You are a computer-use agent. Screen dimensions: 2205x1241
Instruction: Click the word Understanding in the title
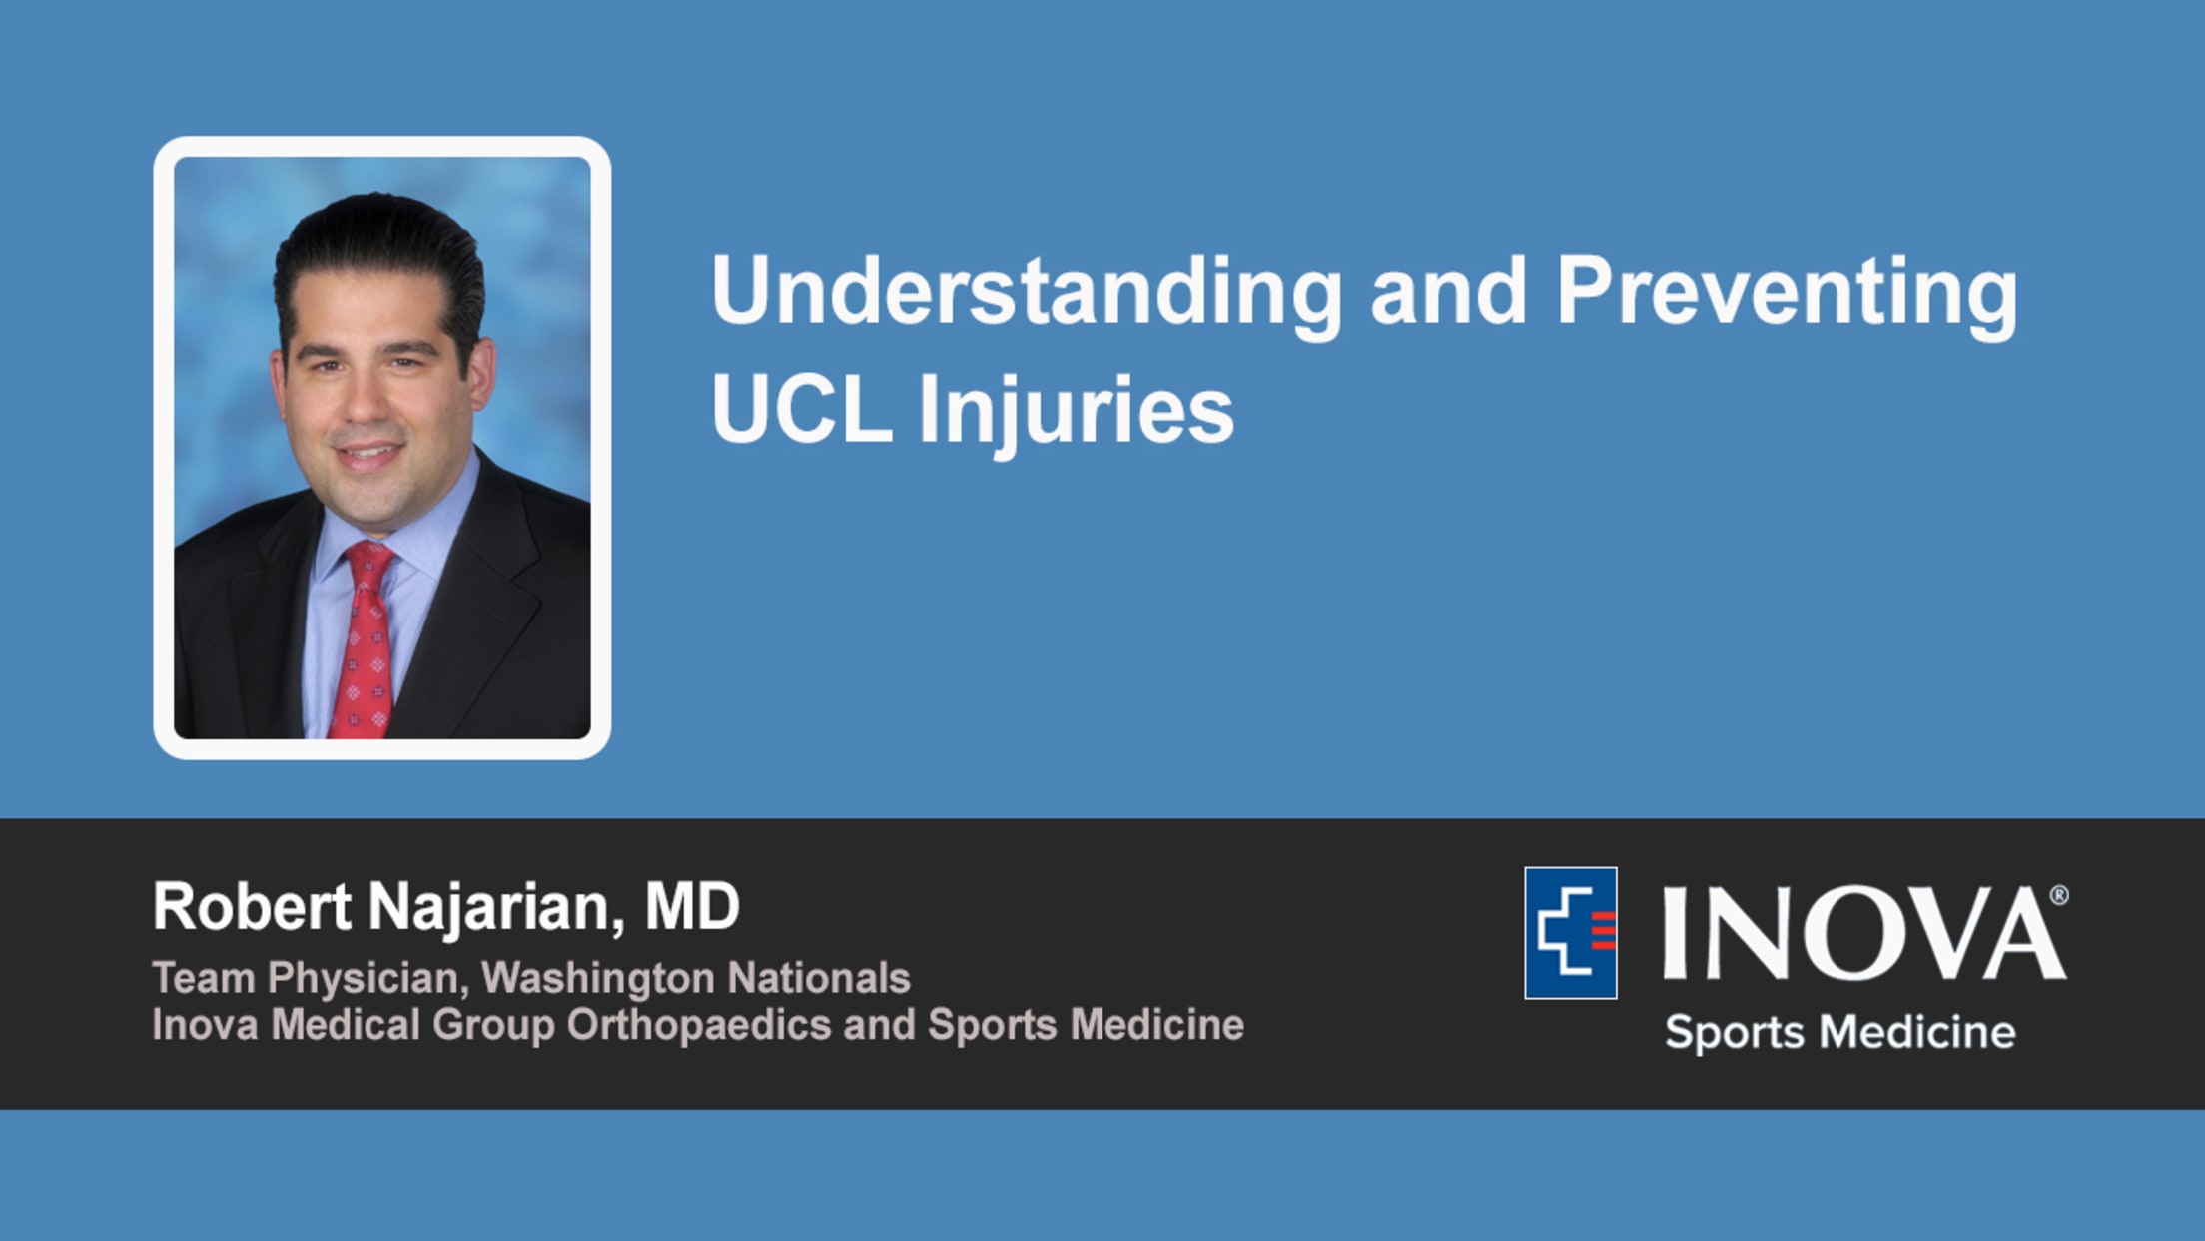pyautogui.click(x=1027, y=294)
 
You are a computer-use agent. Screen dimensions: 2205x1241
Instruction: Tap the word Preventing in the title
pyautogui.click(x=1787, y=294)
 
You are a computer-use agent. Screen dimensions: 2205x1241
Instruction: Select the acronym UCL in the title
pyautogui.click(x=802, y=409)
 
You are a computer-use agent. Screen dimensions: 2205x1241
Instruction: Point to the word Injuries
pyautogui.click(x=1077, y=414)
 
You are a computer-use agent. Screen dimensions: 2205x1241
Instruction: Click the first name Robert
pyautogui.click(x=252, y=907)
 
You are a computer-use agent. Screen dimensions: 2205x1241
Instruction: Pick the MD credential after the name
pyautogui.click(x=692, y=907)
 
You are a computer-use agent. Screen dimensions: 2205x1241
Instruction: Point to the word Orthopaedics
pyautogui.click(x=699, y=1026)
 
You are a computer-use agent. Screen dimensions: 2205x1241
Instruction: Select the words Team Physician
pyautogui.click(x=311, y=979)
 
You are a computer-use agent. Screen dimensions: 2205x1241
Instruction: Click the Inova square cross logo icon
pyautogui.click(x=1571, y=933)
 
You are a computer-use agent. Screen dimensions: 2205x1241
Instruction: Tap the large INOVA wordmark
pyautogui.click(x=1862, y=934)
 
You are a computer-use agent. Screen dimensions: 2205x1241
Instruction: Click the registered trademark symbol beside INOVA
pyautogui.click(x=2058, y=895)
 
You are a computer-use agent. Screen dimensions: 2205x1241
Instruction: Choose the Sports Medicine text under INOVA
pyautogui.click(x=1840, y=1032)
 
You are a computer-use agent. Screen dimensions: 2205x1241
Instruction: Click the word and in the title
pyautogui.click(x=1449, y=294)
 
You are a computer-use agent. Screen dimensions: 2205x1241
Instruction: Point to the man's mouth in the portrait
pyautogui.click(x=367, y=456)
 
